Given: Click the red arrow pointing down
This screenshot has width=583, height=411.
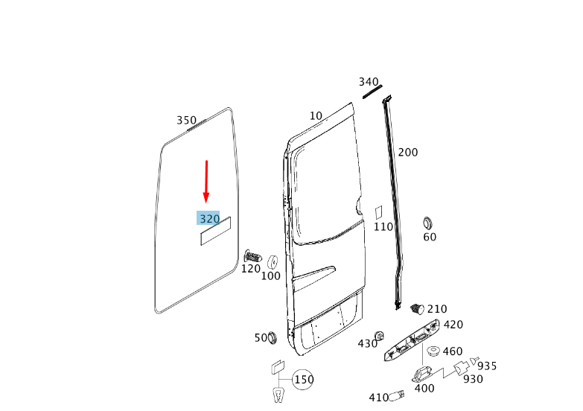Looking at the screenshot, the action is (206, 182).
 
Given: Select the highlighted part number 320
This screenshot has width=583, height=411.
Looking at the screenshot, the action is (208, 218).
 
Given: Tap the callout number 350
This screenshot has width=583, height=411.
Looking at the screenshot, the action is (186, 121).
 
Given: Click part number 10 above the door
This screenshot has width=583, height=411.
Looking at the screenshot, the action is (316, 116).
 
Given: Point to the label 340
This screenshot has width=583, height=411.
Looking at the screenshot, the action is (369, 82).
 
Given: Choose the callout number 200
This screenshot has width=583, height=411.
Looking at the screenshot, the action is (408, 153).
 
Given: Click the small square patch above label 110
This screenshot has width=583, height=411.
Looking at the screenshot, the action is (378, 212).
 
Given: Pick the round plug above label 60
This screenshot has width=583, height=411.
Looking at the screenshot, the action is (428, 223).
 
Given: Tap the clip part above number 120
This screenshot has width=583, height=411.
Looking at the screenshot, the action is (252, 256).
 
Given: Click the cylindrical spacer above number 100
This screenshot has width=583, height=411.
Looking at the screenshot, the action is (273, 262).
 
